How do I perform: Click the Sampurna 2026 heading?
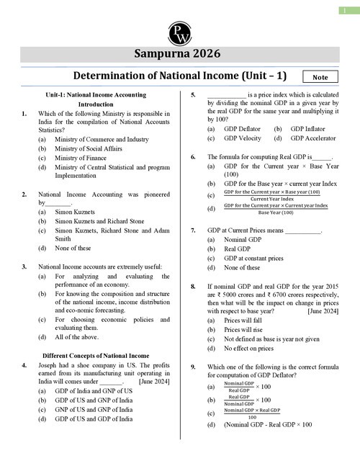click(x=180, y=54)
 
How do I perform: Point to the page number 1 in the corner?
click(x=346, y=9)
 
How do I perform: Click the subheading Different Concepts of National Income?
click(x=96, y=355)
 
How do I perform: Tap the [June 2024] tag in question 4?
click(x=155, y=382)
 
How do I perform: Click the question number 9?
click(x=193, y=367)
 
